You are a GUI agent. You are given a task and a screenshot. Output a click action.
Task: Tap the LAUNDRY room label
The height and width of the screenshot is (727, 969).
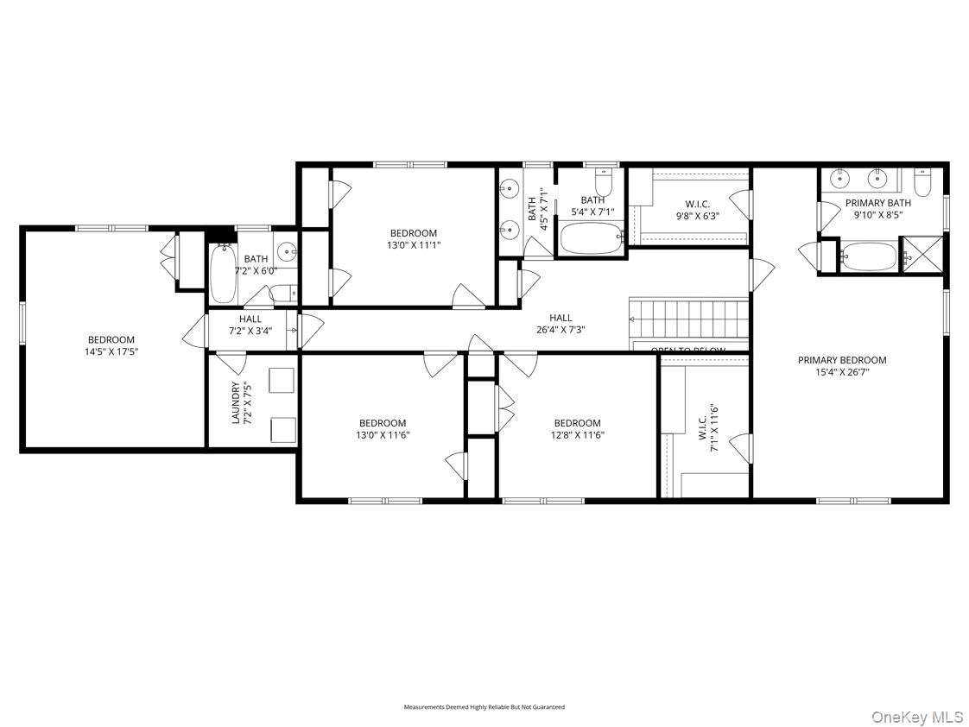point(235,404)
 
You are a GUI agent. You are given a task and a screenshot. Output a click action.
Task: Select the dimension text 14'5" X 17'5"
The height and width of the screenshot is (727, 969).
point(111,352)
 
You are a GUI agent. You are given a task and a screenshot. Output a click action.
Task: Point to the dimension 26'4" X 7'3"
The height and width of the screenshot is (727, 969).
point(560,330)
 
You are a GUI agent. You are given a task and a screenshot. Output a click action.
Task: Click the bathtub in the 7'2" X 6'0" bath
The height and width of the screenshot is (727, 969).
point(223,274)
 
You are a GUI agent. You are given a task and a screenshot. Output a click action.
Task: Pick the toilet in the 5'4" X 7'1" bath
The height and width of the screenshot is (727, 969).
point(603,183)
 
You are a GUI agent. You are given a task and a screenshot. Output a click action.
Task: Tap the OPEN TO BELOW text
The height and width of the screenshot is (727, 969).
point(687,351)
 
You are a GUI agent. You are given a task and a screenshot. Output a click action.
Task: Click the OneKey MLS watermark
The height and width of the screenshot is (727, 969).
point(916,718)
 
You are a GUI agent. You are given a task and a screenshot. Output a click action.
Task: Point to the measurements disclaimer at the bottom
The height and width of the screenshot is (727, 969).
point(484,707)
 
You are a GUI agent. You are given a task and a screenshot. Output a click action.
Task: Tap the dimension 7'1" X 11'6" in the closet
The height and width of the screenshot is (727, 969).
point(714,429)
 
